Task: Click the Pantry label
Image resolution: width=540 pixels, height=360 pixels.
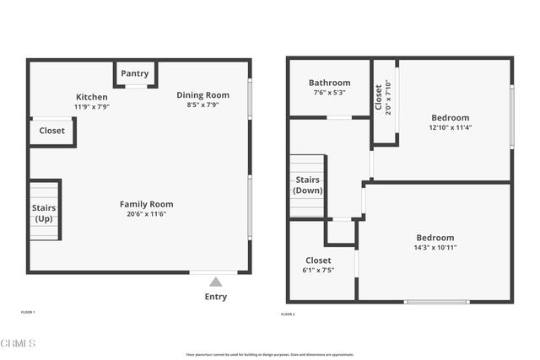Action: click(135, 74)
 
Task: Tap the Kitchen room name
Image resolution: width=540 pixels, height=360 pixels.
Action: click(92, 97)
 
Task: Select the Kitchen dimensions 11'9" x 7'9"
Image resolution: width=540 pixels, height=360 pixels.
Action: click(92, 107)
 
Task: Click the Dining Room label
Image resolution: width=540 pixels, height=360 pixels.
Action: click(202, 95)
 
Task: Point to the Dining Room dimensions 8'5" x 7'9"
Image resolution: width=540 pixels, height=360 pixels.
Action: click(202, 105)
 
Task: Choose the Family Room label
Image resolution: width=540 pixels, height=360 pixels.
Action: click(146, 204)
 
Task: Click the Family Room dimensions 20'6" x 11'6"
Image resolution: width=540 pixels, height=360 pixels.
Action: click(146, 214)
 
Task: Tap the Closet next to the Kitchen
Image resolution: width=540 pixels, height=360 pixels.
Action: click(51, 131)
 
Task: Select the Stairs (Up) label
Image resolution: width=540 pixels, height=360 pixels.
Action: click(43, 213)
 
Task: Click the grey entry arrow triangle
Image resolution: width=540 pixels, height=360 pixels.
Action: click(216, 282)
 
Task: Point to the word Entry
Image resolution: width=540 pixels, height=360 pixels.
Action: click(216, 297)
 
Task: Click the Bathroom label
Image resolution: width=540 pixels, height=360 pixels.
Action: click(329, 83)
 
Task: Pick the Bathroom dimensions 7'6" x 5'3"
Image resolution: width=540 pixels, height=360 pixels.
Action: click(329, 93)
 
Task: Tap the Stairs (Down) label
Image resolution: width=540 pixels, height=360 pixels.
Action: click(307, 185)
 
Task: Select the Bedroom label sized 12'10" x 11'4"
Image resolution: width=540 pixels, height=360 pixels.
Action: click(450, 118)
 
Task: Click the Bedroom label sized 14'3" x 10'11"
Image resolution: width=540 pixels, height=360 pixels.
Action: click(435, 238)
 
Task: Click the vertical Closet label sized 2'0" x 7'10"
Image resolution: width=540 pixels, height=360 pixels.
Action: click(378, 98)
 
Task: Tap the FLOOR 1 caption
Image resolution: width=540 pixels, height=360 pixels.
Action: click(28, 313)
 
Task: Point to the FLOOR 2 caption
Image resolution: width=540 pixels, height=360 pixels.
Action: click(288, 314)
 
